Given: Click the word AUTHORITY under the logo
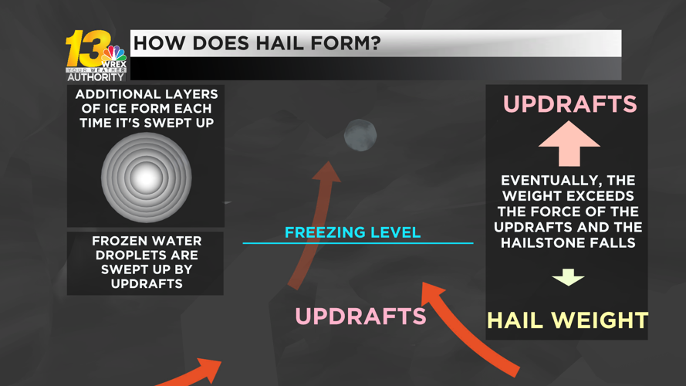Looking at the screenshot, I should (x=96, y=76).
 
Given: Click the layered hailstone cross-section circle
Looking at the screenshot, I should (x=146, y=178).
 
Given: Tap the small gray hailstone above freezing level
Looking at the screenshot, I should (x=360, y=135).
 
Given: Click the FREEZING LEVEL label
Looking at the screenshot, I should (x=353, y=232).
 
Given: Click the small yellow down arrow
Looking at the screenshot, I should (x=568, y=276).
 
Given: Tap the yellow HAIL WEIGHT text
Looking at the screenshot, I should (x=567, y=320).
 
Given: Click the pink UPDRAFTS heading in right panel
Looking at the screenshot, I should (x=570, y=104).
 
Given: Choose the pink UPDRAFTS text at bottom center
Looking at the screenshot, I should (x=360, y=316).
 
